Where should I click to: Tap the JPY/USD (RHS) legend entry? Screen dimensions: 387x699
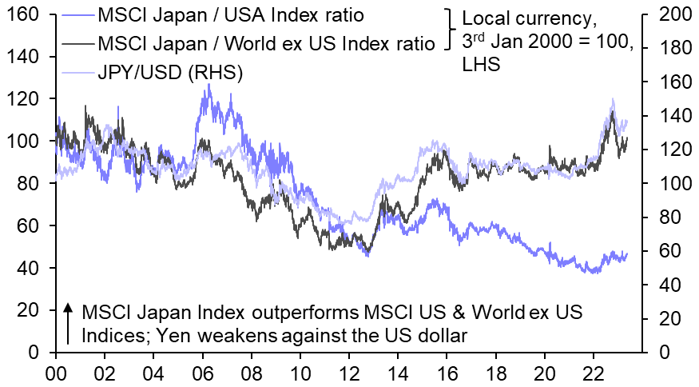169,72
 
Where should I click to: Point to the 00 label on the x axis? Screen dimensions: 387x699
55,372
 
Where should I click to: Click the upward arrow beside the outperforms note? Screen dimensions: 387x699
69,323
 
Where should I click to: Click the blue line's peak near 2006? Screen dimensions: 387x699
209,85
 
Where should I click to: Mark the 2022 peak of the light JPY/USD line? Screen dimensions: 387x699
612,100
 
